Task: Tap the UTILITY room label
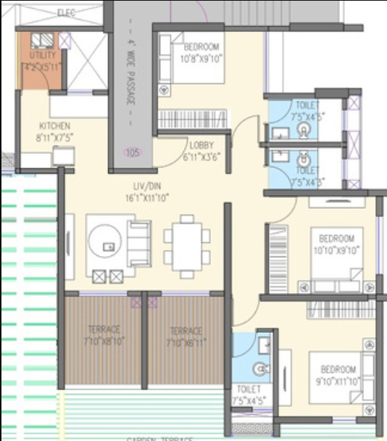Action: click(x=42, y=56)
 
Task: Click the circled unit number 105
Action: click(x=131, y=152)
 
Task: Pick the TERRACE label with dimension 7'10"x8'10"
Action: click(x=104, y=333)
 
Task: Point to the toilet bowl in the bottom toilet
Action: click(x=262, y=368)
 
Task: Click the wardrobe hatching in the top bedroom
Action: click(x=193, y=119)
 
